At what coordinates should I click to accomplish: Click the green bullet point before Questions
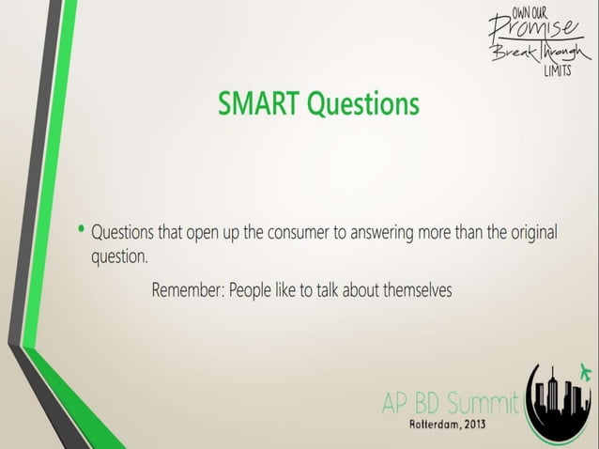[83, 228]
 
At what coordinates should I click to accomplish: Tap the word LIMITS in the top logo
[557, 74]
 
